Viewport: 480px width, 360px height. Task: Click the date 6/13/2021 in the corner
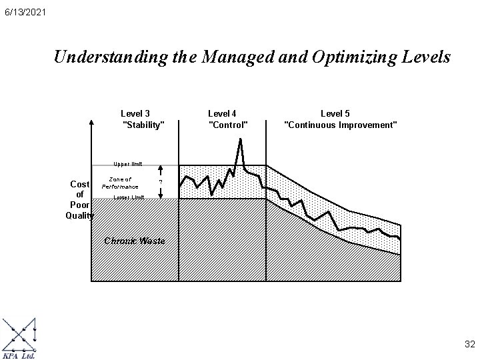[x=24, y=13]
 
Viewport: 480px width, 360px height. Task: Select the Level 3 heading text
[x=135, y=113]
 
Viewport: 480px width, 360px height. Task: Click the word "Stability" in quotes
[x=143, y=125]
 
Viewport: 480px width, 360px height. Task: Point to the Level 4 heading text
[x=223, y=113]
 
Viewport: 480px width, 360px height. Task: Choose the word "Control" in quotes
[x=228, y=125]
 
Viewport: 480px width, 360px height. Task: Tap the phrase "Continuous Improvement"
[x=341, y=125]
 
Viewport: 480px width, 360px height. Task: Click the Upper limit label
[x=127, y=163]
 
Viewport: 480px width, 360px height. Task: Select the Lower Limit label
[x=129, y=197]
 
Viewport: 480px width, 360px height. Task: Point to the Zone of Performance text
[x=120, y=183]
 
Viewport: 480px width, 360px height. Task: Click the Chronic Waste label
[x=134, y=240]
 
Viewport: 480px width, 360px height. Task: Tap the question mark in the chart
[x=160, y=182]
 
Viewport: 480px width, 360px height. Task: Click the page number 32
[x=469, y=344]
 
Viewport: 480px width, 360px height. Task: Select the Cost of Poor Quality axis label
[x=79, y=199]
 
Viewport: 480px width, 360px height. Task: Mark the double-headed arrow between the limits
[x=160, y=182]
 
